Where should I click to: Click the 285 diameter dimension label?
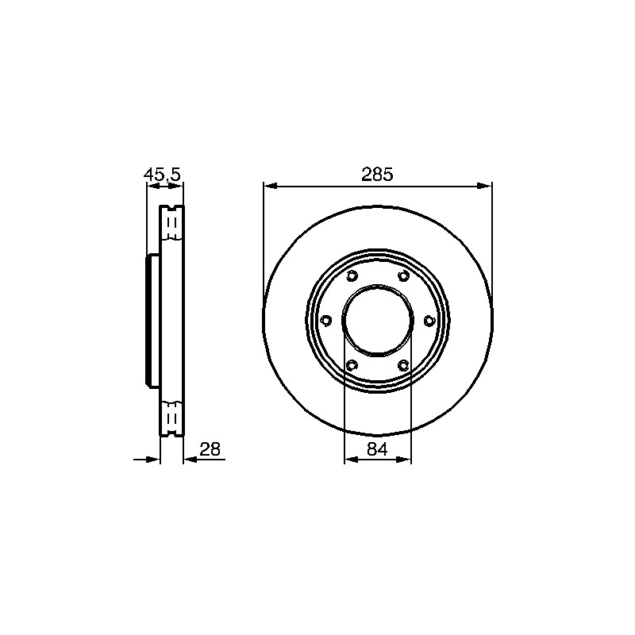(x=377, y=175)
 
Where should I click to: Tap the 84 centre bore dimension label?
(x=378, y=449)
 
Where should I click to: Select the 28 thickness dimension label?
(x=210, y=449)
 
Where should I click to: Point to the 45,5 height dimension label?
(x=162, y=175)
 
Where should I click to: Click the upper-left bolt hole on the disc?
(x=352, y=276)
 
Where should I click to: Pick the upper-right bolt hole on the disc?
(x=403, y=276)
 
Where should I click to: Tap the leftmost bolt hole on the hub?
(x=325, y=321)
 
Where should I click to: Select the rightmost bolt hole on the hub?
(x=429, y=321)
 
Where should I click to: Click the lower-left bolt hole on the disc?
(x=352, y=365)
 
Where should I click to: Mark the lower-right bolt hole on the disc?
(x=403, y=365)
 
